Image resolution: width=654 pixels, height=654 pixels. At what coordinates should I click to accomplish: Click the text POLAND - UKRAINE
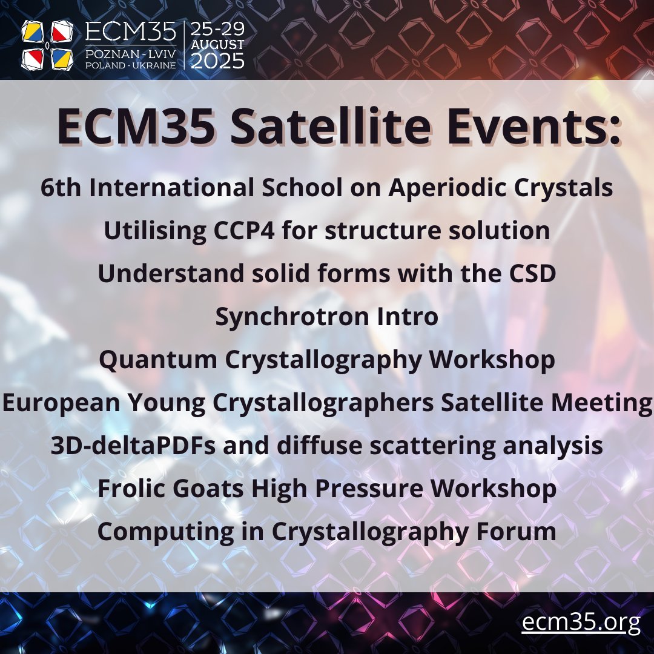(x=131, y=64)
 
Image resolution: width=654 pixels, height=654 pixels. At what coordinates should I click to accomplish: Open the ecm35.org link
(x=581, y=623)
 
